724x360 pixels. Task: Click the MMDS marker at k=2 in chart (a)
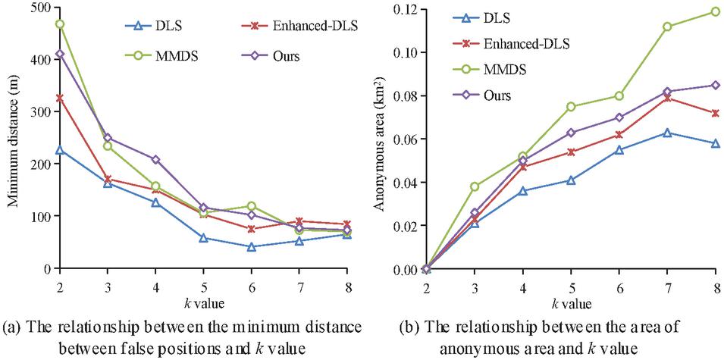[59, 24]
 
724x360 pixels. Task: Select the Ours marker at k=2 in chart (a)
[59, 55]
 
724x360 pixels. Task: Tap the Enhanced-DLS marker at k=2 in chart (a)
[59, 98]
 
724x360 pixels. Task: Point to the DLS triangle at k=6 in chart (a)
[251, 246]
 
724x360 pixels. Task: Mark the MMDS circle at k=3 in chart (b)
[475, 186]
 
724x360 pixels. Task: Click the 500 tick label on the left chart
[32, 8]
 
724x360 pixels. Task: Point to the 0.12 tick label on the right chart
[403, 9]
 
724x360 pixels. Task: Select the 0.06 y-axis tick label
[403, 139]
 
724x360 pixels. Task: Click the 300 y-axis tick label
[32, 112]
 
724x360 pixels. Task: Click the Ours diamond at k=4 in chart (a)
[155, 160]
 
